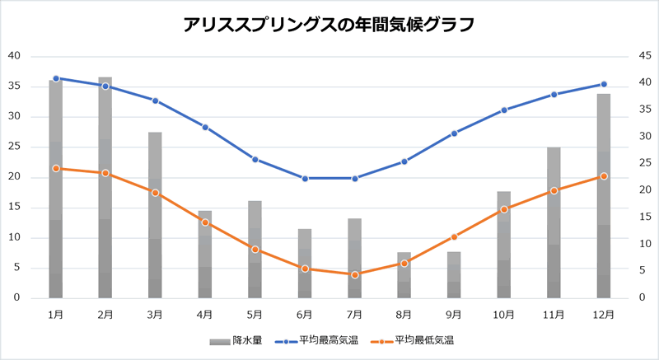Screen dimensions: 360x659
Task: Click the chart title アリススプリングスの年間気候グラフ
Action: click(x=329, y=24)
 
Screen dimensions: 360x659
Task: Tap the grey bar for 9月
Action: click(x=454, y=275)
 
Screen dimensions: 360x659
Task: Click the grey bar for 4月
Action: click(x=205, y=255)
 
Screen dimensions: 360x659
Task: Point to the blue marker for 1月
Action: click(x=56, y=78)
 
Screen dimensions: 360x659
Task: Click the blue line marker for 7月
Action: click(x=355, y=178)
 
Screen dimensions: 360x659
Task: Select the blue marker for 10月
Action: click(x=504, y=110)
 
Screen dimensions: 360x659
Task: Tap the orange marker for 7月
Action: click(x=355, y=274)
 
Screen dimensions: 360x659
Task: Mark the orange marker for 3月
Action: click(x=156, y=192)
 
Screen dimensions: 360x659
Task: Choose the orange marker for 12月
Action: click(x=604, y=176)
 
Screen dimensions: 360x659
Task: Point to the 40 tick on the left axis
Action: click(x=14, y=56)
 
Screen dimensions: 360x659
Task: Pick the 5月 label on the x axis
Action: click(x=255, y=314)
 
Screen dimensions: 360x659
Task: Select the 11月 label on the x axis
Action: click(x=554, y=314)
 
